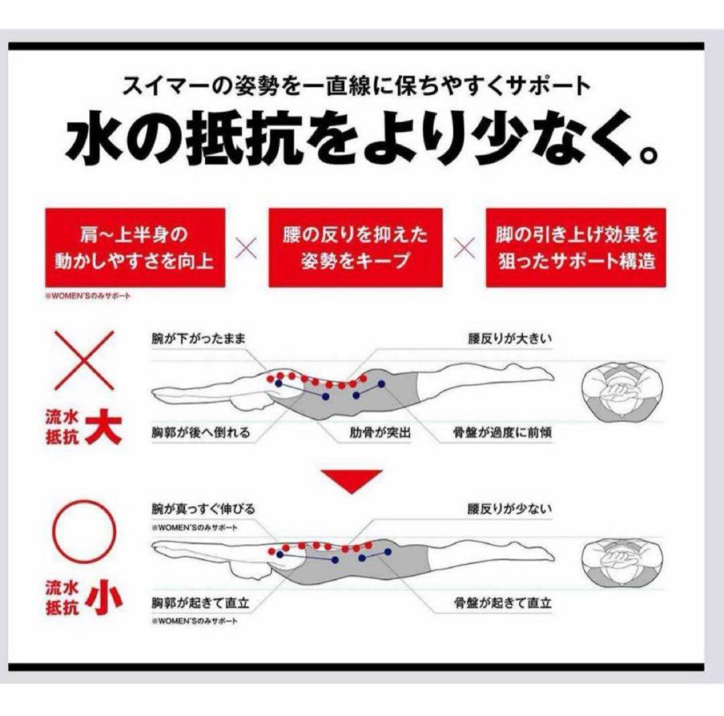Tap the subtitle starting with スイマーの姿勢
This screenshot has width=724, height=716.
coord(357,85)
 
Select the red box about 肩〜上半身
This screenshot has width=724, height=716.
coord(133,247)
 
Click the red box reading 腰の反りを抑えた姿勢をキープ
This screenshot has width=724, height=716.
coord(355,247)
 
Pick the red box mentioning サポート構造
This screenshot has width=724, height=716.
coord(576,247)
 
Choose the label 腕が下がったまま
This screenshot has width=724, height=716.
coord(199,339)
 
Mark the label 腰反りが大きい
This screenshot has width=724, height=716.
coord(509,339)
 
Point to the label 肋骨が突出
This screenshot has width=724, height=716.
coord(380,432)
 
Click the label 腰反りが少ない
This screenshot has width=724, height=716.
coord(509,510)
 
